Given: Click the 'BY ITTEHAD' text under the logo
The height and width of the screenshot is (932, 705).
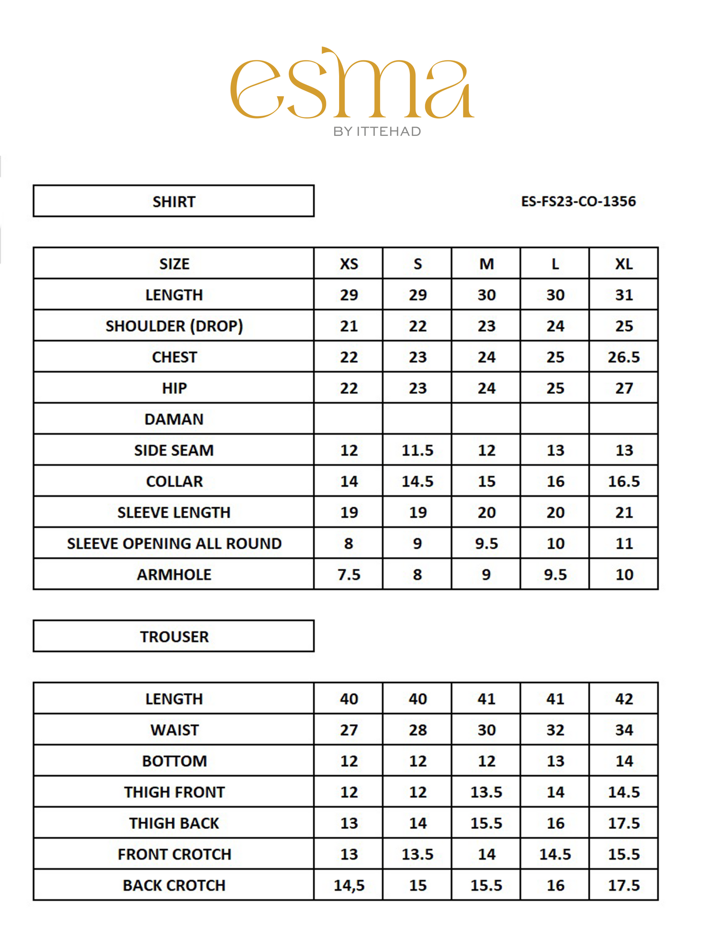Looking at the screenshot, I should (377, 132).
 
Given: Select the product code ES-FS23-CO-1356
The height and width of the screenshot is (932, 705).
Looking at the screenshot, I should (578, 202).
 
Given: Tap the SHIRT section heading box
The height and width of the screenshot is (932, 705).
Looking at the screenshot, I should (174, 201).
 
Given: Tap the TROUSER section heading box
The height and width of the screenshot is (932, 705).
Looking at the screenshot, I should (174, 636).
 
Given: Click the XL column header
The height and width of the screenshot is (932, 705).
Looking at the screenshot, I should (624, 264).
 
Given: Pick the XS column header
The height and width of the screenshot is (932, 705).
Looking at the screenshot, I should (349, 264).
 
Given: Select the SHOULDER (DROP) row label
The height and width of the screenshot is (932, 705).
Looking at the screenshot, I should (174, 326).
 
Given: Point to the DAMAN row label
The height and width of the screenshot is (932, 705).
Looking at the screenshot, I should (174, 419).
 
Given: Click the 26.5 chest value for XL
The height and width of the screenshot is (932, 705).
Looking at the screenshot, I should (624, 357).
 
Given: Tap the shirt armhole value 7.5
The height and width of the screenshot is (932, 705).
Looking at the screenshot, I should (349, 575).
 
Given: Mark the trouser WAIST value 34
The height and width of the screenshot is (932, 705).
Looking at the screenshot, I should (624, 730).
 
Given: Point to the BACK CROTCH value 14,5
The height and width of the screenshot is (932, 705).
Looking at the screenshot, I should (349, 885).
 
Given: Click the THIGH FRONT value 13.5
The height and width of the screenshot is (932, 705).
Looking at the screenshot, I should (486, 792).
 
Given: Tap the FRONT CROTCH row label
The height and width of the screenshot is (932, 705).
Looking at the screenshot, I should (174, 854).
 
